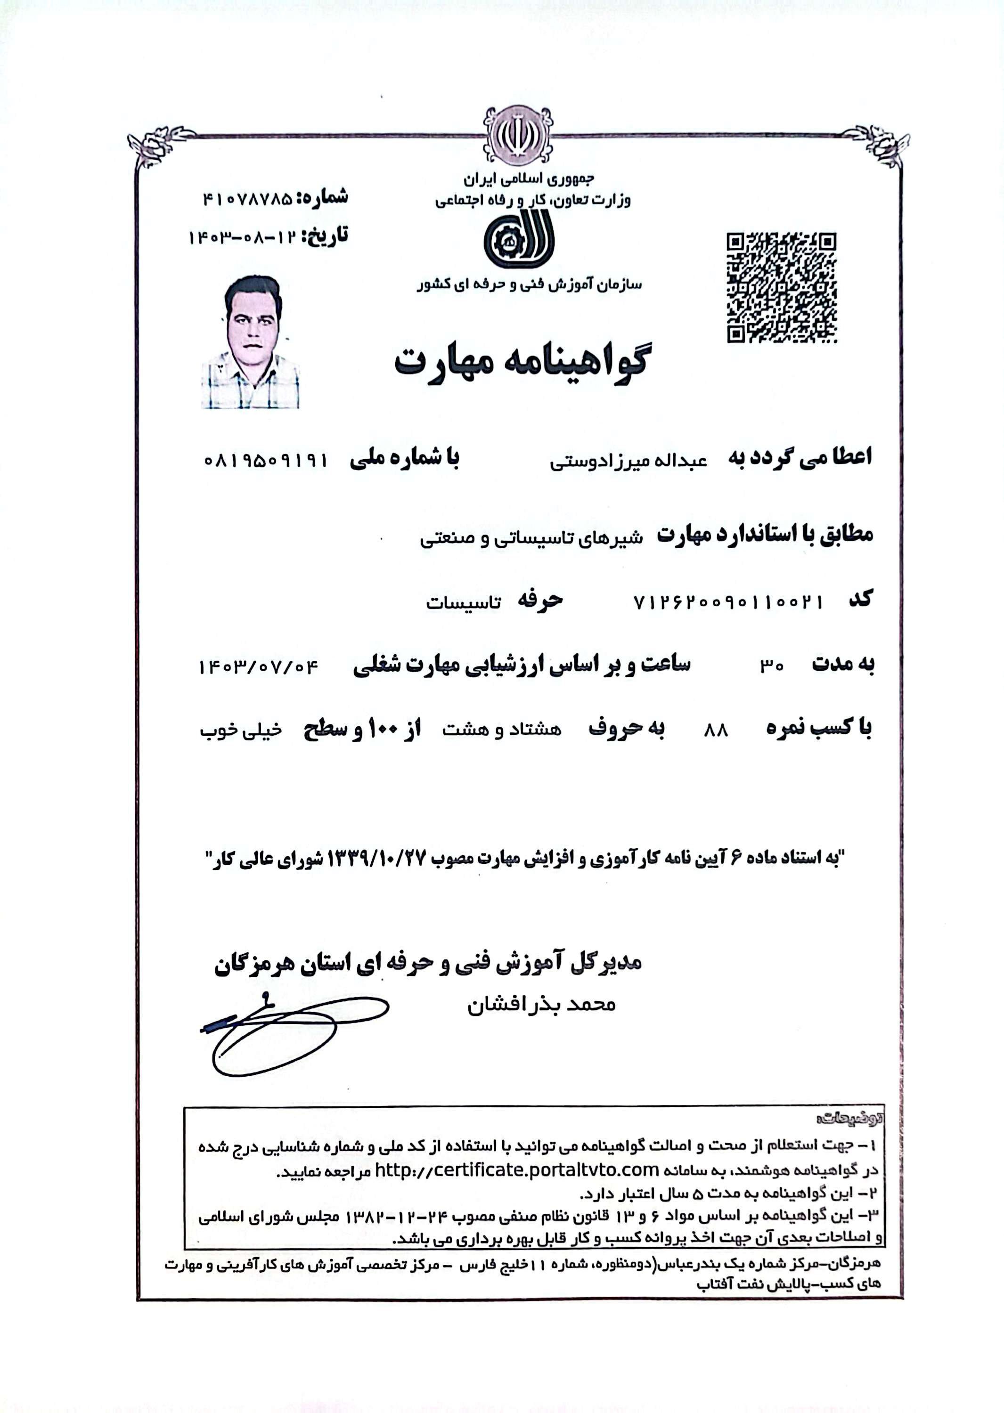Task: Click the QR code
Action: pos(782,287)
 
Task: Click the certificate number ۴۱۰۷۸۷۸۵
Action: pos(247,199)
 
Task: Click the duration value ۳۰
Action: pos(772,666)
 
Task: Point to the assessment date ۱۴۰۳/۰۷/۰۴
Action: pos(258,667)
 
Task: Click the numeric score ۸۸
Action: pos(716,731)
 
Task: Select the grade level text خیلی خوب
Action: pos(241,731)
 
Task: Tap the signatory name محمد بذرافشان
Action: pos(541,1005)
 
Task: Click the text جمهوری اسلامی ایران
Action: pos(529,179)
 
